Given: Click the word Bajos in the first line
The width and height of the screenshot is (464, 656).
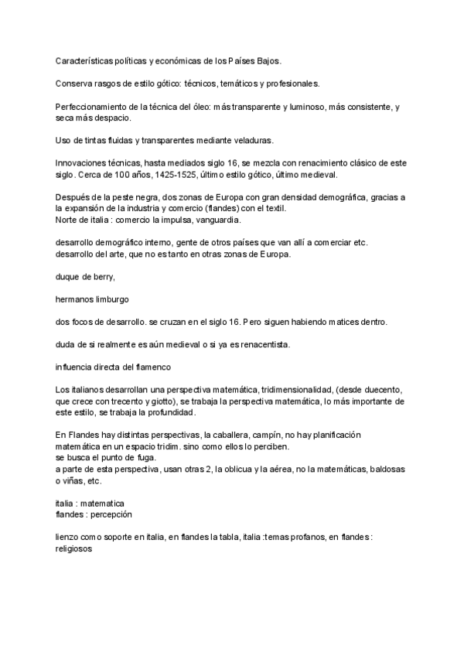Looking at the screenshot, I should (x=267, y=60).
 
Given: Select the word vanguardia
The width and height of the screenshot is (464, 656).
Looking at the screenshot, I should (x=217, y=221).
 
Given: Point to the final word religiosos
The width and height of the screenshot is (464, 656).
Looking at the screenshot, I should (x=76, y=551).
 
